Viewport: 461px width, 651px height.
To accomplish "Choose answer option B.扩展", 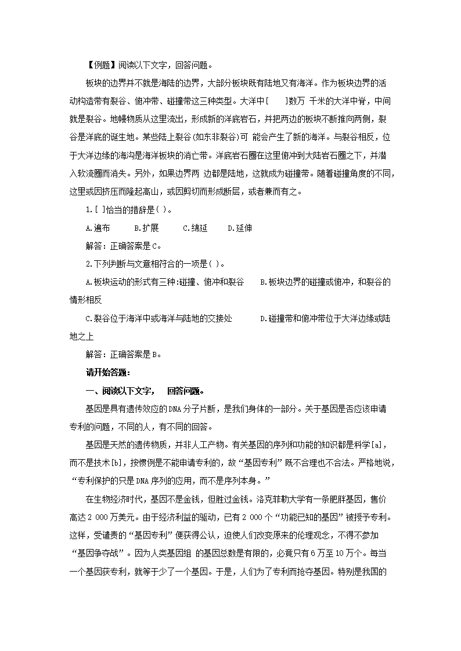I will coord(146,228).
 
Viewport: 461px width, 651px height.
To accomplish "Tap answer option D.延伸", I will coord(240,228).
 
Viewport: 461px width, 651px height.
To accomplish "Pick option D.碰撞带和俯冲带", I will coord(325,318).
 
